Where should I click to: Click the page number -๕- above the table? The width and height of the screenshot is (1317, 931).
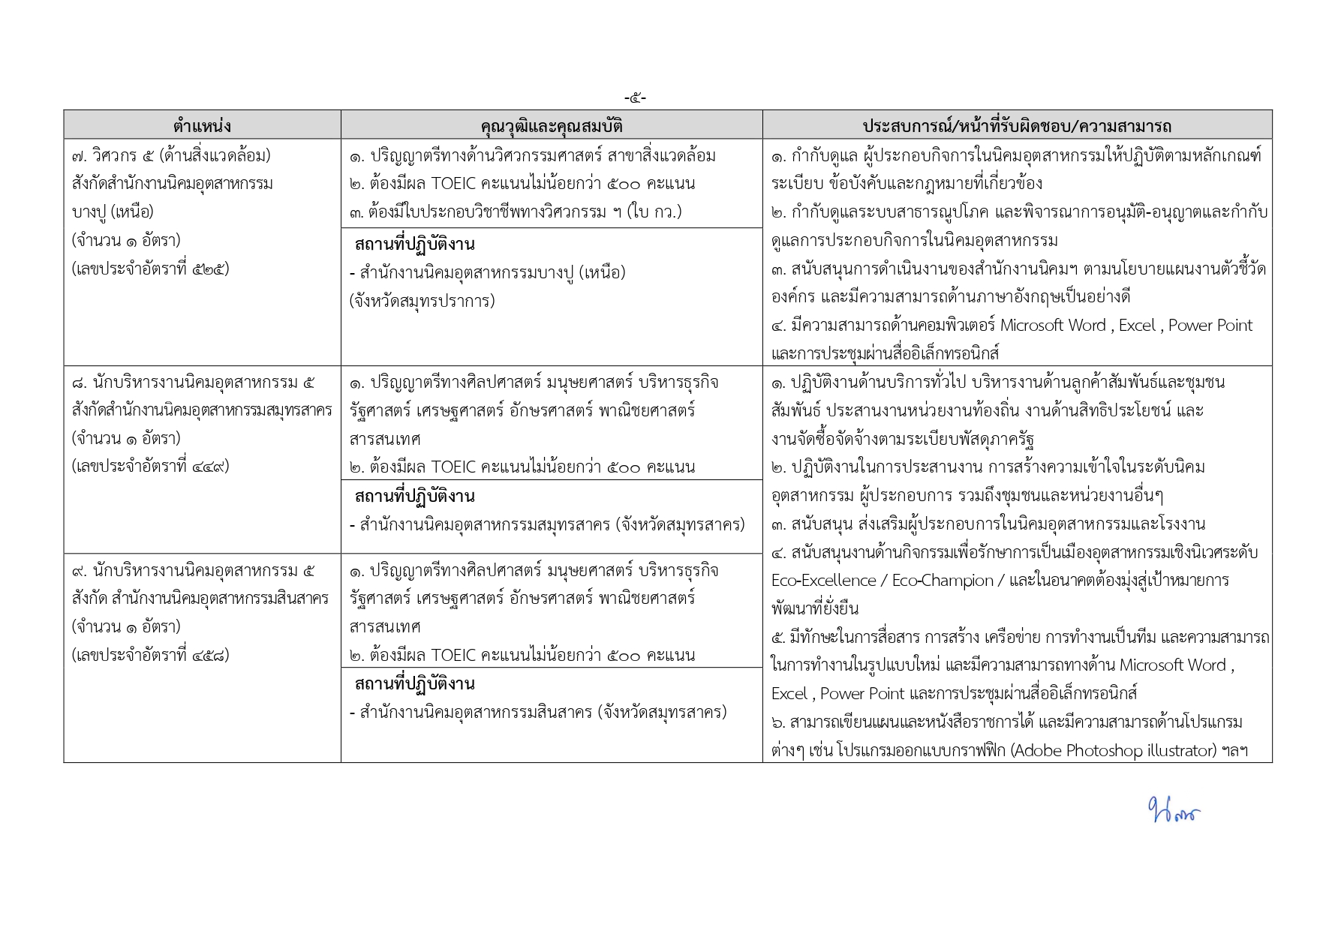point(635,98)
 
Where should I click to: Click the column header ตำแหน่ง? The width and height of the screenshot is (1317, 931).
point(202,125)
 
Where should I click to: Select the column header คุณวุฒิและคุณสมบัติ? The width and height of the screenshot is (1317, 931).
point(552,125)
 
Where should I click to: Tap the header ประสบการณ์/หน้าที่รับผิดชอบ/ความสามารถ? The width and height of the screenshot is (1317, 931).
point(1017,125)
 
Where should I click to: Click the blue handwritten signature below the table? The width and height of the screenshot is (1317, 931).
point(1173,811)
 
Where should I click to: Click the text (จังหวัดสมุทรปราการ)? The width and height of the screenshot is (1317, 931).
point(422,302)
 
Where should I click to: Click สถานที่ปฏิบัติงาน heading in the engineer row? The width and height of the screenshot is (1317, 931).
point(414,245)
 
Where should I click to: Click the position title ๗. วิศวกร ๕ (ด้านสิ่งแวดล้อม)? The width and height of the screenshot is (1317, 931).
point(171,156)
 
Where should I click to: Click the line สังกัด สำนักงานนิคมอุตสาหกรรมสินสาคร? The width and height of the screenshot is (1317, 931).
point(200,599)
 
